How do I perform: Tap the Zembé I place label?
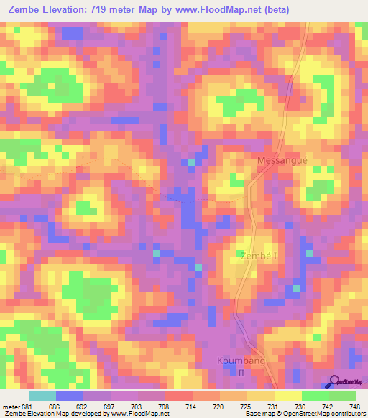(x=257, y=255)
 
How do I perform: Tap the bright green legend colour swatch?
(x=315, y=396)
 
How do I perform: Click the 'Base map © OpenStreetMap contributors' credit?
(x=305, y=413)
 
